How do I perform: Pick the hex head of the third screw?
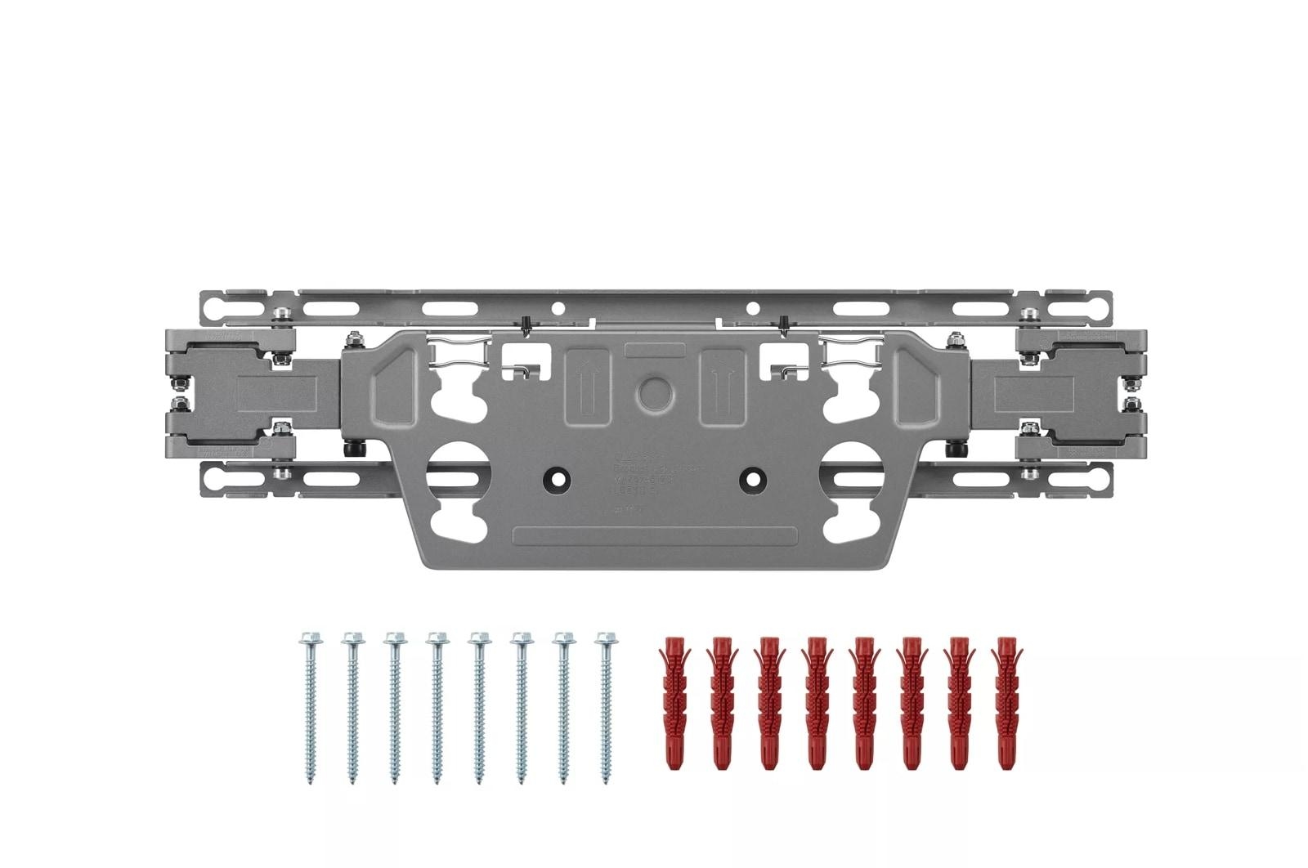tap(394, 638)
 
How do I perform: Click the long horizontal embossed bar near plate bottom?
tap(653, 536)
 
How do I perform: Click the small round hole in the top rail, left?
tap(558, 308)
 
